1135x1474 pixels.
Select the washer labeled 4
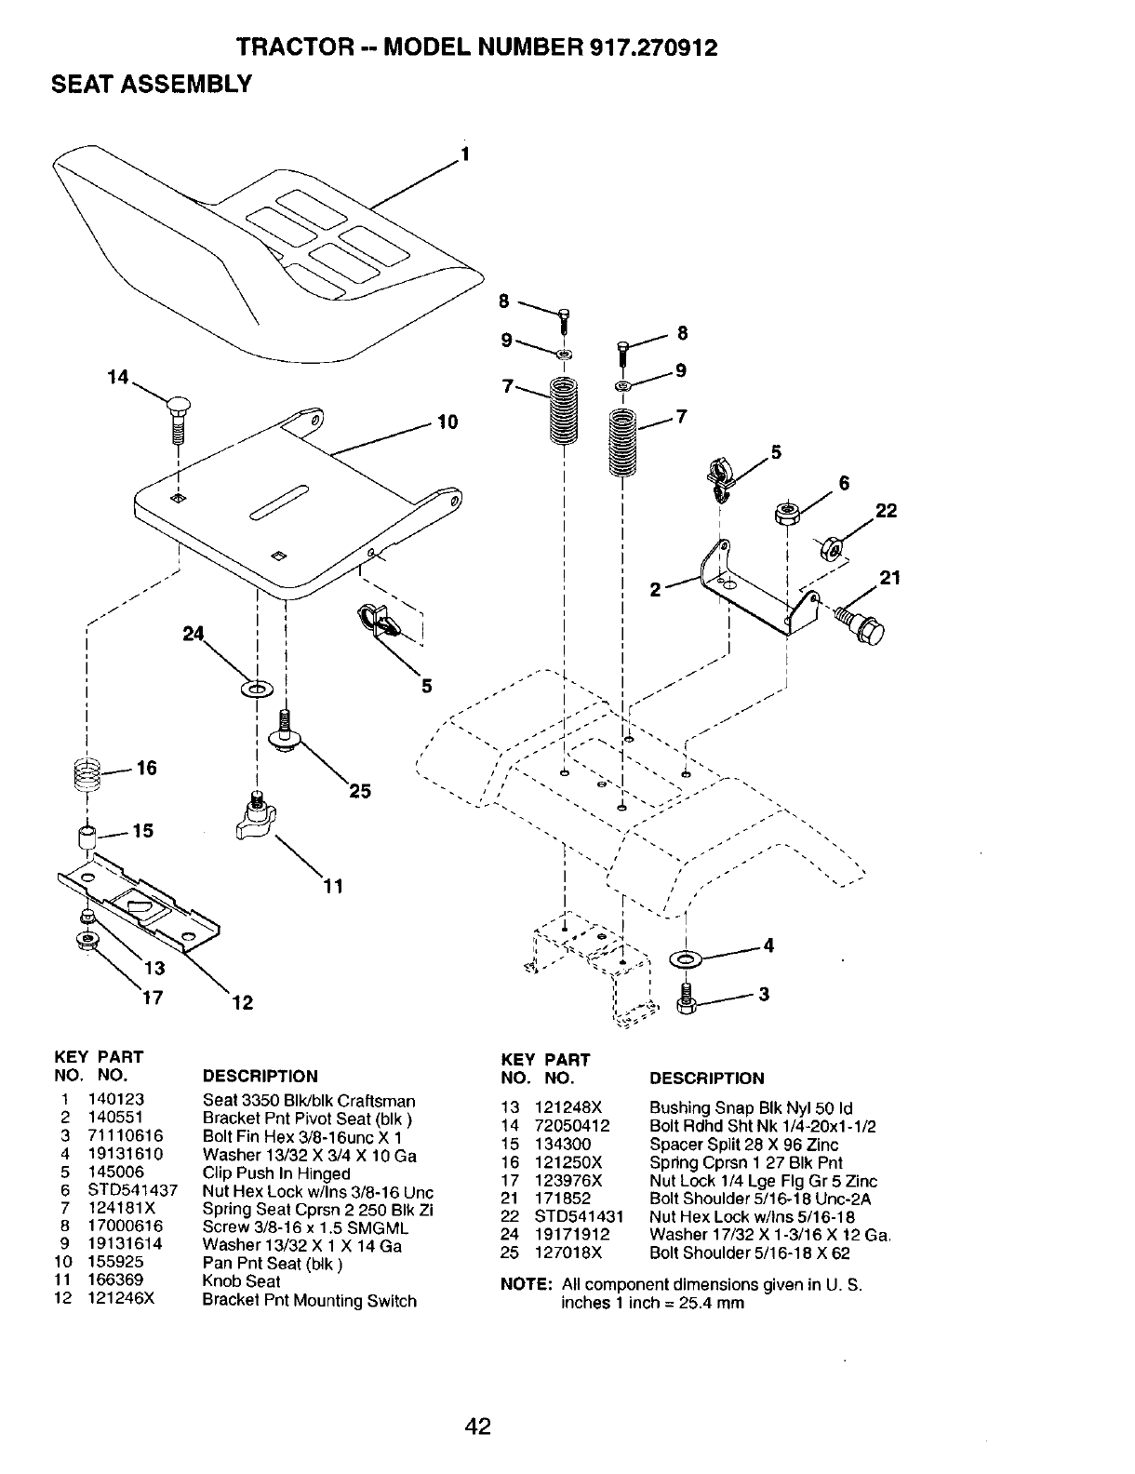click(688, 958)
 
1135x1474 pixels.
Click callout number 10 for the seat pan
click(447, 423)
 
